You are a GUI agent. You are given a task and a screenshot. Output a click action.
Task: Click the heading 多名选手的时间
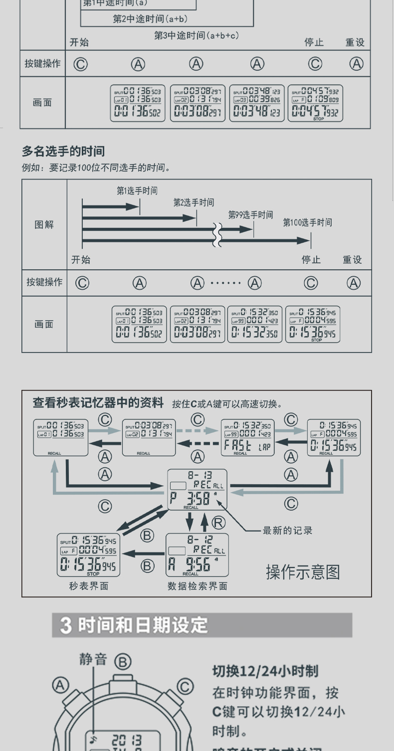[63, 151]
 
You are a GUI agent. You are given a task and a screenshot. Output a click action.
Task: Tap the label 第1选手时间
[137, 191]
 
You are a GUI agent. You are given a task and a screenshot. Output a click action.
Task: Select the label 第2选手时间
[194, 202]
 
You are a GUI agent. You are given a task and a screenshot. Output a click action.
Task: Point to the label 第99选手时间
[250, 215]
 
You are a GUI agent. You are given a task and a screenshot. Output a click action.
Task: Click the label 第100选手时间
[307, 222]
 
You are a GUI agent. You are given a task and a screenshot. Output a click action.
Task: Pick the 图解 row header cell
[44, 224]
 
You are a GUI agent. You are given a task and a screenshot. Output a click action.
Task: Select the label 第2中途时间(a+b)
[150, 19]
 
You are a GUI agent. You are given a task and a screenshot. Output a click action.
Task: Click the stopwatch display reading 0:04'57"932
[316, 103]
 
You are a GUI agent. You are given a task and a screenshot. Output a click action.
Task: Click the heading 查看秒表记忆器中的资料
[98, 402]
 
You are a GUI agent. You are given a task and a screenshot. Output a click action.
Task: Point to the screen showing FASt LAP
[247, 437]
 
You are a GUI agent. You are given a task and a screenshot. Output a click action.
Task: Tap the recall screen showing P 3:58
[197, 489]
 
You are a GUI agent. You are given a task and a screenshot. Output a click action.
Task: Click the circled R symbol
[218, 522]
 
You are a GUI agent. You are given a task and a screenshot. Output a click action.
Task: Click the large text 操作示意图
[303, 571]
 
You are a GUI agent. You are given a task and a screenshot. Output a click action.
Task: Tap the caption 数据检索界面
[197, 586]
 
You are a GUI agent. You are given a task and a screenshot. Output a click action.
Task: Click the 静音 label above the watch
[93, 659]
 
